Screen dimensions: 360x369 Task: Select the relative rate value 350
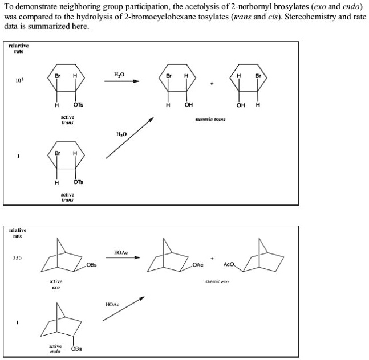(18, 258)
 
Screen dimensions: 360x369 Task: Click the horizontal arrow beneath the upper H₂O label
(121, 81)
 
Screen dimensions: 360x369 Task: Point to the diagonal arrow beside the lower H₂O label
(129, 138)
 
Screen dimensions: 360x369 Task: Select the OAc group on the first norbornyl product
(198, 264)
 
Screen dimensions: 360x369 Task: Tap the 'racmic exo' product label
(216, 281)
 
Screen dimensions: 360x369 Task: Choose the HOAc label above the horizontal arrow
(121, 251)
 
